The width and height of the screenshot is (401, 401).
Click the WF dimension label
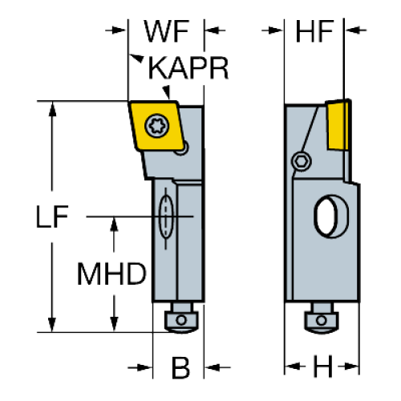click(167, 31)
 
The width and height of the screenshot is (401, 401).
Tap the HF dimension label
click(314, 31)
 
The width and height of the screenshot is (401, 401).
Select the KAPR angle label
click(188, 68)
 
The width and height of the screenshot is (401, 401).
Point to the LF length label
click(52, 217)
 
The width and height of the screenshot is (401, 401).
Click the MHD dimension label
click(111, 273)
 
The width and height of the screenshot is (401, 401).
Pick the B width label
click(180, 367)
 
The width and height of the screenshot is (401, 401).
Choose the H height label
click(322, 366)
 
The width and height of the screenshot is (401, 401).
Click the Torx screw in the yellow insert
click(157, 126)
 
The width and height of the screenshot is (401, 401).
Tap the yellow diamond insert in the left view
click(157, 126)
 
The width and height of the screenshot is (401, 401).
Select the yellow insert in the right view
click(338, 125)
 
